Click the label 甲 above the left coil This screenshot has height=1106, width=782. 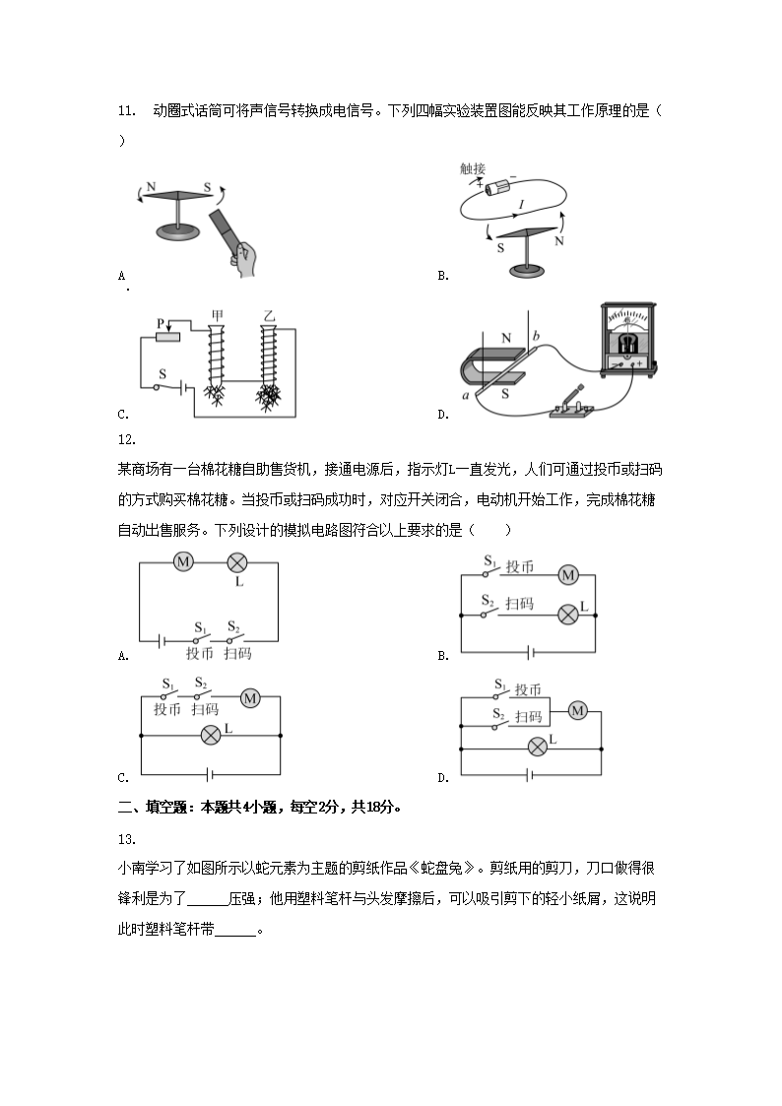pos(217,315)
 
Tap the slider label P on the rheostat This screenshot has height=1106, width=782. pos(160,322)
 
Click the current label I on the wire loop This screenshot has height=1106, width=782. pos(520,204)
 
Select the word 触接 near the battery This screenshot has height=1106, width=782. pos(473,168)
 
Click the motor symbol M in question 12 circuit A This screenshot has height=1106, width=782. pos(183,562)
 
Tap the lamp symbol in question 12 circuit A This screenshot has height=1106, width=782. pos(236,562)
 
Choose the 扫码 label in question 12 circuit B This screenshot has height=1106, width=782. pos(519,603)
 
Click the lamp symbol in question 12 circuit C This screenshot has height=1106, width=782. pos(209,734)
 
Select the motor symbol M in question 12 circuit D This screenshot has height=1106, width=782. pos(578,710)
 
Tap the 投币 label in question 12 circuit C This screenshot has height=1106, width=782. pos(167,708)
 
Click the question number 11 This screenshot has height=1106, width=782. pos(125,110)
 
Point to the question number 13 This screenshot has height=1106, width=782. pos(125,838)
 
